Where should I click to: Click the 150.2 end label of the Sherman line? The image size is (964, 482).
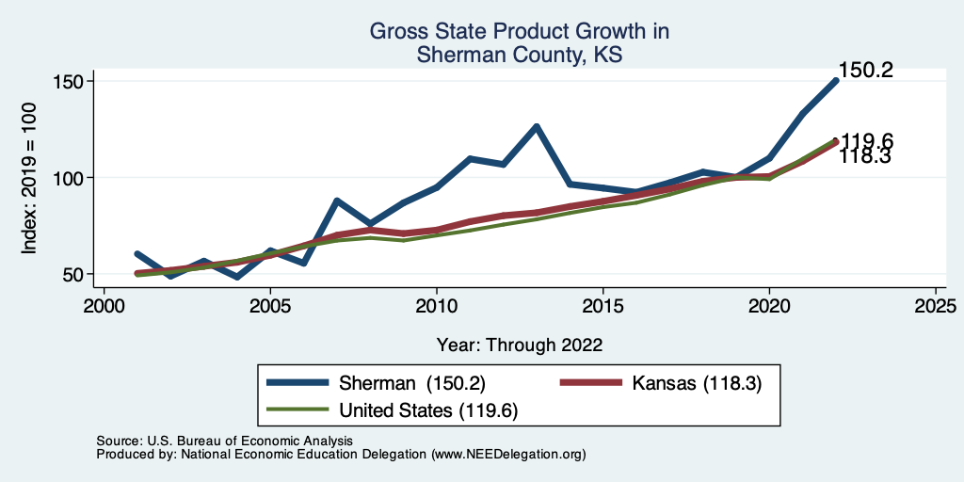[x=865, y=71]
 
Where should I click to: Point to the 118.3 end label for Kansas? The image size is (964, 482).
[x=865, y=156]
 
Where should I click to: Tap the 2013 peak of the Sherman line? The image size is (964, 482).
[x=537, y=126]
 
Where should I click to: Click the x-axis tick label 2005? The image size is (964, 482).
[x=270, y=306]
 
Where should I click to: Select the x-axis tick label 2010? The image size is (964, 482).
[x=437, y=306]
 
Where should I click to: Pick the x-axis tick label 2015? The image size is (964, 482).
[x=602, y=306]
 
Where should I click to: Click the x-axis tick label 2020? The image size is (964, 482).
[x=769, y=306]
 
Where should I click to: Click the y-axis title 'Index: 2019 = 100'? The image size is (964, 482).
[x=29, y=178]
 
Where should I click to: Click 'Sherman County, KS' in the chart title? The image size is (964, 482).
[x=520, y=56]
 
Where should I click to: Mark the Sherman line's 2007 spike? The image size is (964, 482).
[x=337, y=201]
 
